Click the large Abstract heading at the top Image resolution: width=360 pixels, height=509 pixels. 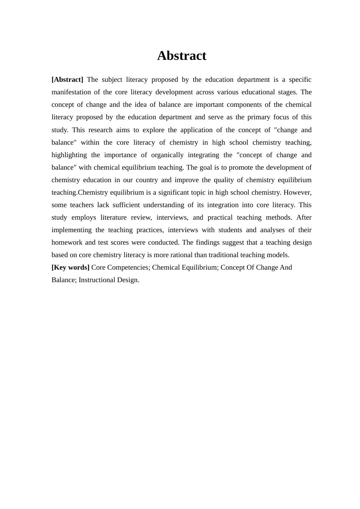click(x=182, y=56)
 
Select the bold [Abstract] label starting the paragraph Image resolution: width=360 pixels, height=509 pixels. click(x=67, y=80)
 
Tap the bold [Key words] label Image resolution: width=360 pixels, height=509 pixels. click(x=70, y=267)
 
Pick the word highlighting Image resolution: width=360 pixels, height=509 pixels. click(x=69, y=155)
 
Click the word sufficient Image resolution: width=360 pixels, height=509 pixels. click(x=128, y=205)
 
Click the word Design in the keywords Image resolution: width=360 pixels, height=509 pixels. click(x=130, y=280)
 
